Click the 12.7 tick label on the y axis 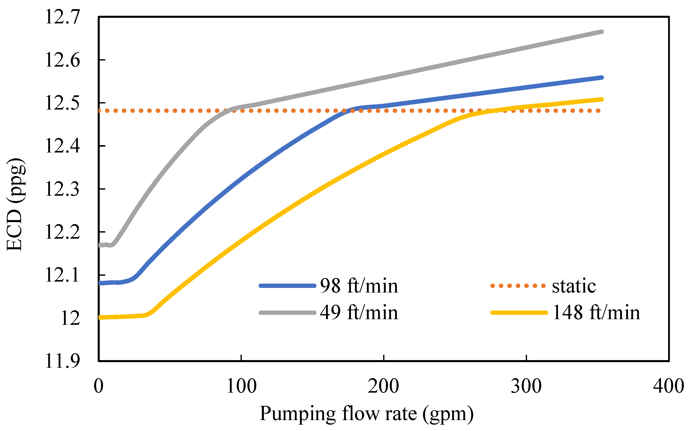[x=62, y=17]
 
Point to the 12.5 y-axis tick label [x=62, y=103]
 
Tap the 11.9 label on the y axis [x=62, y=361]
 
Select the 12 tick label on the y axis [x=70, y=318]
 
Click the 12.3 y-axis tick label [x=62, y=189]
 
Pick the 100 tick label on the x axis [x=241, y=386]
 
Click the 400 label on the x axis [x=669, y=386]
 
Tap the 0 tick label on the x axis [x=98, y=386]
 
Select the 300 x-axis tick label [x=526, y=386]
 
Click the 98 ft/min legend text [x=359, y=286]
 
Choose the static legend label [x=574, y=286]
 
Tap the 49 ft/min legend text [x=359, y=313]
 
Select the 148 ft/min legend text [x=596, y=313]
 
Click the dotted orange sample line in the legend [x=518, y=286]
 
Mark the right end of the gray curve [x=602, y=32]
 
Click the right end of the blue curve [x=602, y=78]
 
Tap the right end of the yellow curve [x=602, y=99]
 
